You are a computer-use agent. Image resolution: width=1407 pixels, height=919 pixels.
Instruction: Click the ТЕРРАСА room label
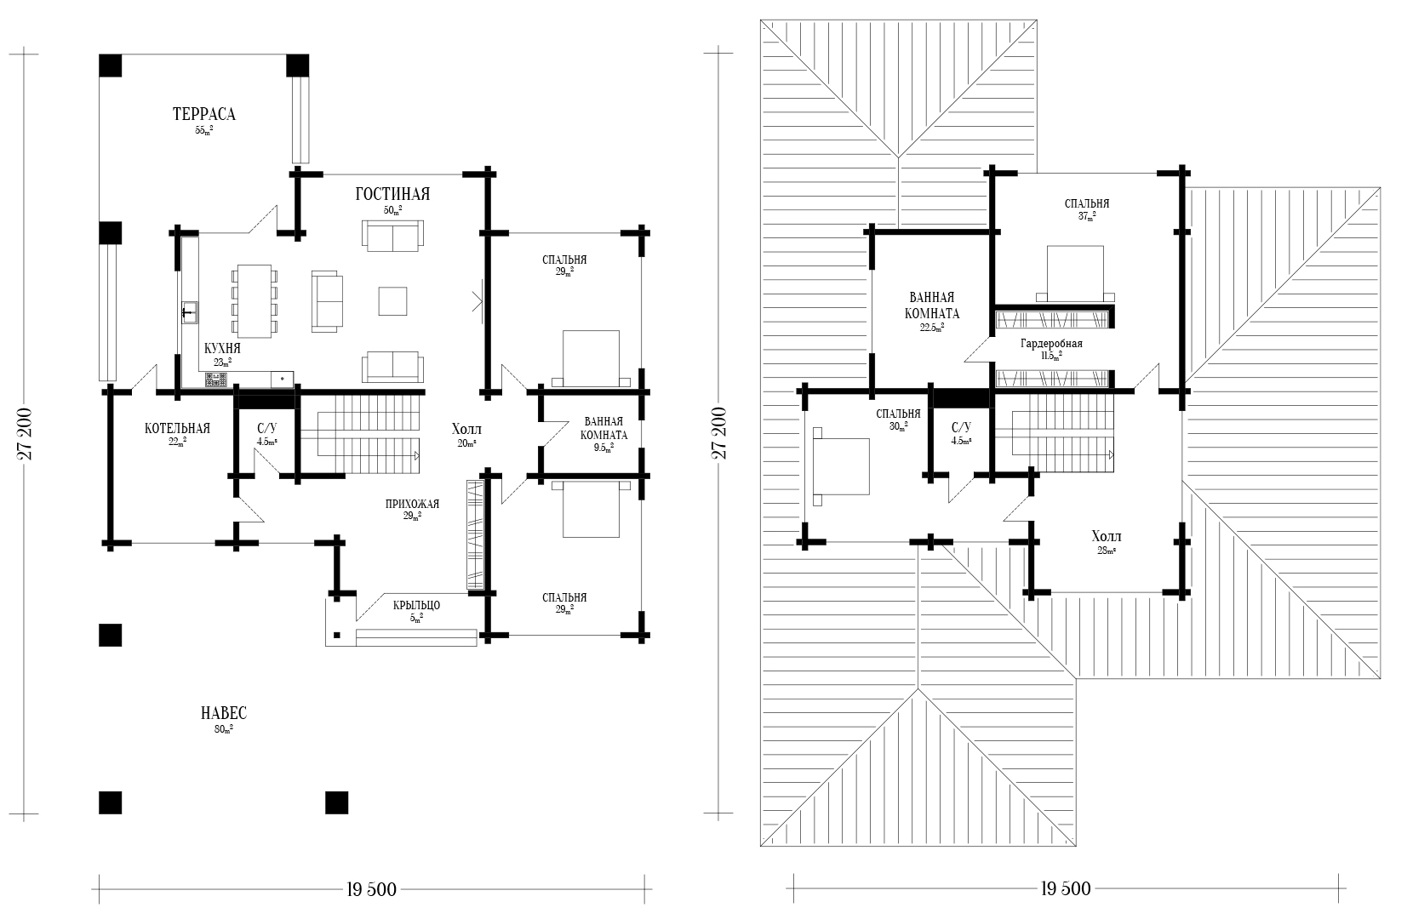(x=204, y=114)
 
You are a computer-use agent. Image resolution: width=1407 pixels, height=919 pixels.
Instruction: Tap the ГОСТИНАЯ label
(x=392, y=194)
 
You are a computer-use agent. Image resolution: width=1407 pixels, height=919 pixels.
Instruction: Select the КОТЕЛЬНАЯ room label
(x=177, y=428)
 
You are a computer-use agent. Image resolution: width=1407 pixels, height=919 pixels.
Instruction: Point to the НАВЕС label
(x=224, y=713)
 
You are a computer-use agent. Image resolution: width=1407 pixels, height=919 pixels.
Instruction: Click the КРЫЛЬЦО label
(x=416, y=605)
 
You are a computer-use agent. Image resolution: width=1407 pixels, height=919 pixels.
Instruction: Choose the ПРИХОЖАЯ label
(x=412, y=504)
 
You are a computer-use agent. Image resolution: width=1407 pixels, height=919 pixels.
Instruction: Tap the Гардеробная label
(x=1051, y=344)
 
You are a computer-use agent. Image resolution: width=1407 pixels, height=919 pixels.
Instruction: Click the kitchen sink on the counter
(x=189, y=312)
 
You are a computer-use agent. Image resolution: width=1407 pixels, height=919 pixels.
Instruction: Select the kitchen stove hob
(x=215, y=380)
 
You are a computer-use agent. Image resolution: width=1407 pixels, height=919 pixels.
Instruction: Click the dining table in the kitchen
(x=255, y=300)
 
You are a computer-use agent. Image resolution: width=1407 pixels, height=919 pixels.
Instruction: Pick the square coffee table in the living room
(x=392, y=300)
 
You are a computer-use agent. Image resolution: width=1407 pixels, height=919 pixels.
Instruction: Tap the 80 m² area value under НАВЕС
(x=224, y=729)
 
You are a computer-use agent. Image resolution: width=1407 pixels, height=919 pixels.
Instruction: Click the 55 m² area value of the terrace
(x=204, y=130)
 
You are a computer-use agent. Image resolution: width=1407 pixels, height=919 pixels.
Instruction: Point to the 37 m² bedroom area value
(x=1087, y=217)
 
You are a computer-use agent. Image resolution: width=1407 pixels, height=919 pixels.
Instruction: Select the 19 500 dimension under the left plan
(x=371, y=889)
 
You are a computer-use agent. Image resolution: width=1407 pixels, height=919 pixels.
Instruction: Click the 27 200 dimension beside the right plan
(x=720, y=433)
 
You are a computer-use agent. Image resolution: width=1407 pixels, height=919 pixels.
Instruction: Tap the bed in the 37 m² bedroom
(x=1075, y=274)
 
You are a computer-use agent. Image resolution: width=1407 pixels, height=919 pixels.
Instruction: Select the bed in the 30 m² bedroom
(x=841, y=465)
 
